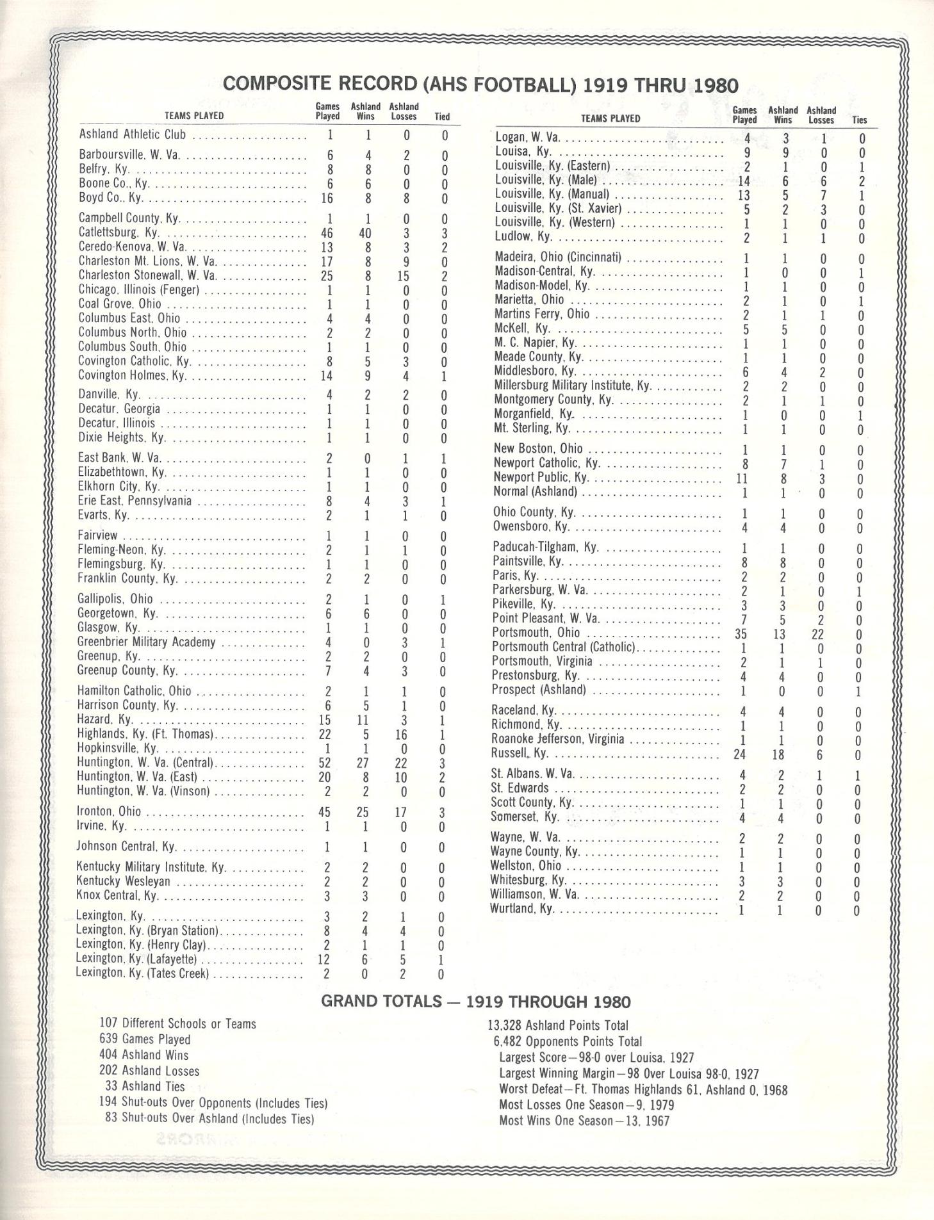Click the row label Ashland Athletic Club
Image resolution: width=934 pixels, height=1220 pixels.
pos(133,134)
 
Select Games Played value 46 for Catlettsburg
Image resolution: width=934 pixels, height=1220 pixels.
pos(326,233)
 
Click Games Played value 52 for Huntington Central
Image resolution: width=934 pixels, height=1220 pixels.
pos(325,764)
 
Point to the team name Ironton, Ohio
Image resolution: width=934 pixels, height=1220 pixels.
pos(109,811)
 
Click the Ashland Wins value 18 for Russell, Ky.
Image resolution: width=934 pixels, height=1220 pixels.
pos(778,754)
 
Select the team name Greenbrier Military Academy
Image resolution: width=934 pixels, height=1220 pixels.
pos(146,642)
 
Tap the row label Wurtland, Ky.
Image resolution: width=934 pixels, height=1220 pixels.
pos(521,909)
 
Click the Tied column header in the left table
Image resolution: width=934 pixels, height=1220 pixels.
pos(442,117)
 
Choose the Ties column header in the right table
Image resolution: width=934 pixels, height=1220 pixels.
pos(859,120)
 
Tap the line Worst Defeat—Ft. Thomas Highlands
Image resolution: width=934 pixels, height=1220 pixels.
pos(643,1090)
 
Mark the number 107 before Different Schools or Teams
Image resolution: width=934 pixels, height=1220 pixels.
pos(109,1024)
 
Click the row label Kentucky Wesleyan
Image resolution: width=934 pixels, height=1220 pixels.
pos(124,881)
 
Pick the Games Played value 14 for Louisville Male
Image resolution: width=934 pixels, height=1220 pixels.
pos(744,181)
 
